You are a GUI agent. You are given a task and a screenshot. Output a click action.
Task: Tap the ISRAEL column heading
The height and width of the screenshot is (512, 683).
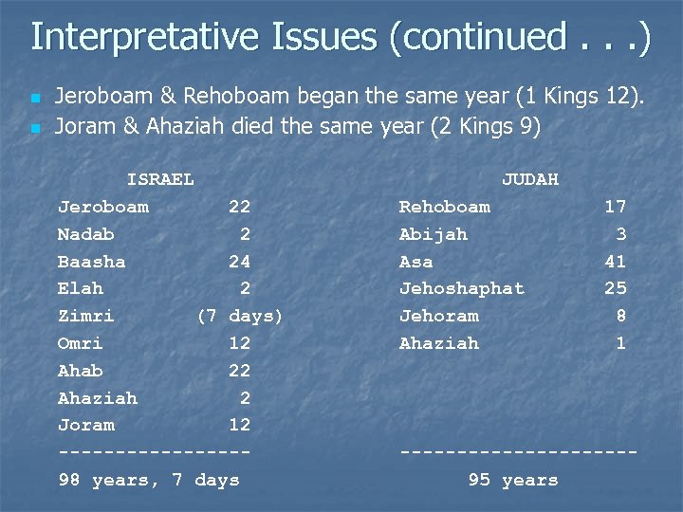[160, 179]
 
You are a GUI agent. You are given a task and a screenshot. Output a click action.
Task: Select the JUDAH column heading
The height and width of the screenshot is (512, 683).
[529, 179]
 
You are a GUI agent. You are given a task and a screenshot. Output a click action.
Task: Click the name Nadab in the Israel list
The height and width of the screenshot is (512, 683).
[85, 234]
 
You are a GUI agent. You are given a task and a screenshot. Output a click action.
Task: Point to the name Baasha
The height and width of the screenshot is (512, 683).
[91, 262]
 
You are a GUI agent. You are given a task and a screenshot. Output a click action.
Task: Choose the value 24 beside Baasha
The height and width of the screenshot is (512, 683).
[239, 262]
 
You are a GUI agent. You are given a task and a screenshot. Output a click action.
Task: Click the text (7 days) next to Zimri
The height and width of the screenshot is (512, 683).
[239, 316]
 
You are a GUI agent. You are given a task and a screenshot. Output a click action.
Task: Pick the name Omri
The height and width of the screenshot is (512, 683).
[80, 343]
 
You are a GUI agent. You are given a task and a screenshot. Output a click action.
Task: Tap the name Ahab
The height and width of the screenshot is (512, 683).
[80, 371]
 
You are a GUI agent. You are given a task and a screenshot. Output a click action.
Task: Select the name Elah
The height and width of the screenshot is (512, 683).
[80, 288]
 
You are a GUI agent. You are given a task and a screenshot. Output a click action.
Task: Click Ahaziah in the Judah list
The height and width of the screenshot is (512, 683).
[438, 343]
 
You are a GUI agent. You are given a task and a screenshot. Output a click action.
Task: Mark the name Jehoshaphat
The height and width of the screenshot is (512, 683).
[461, 288]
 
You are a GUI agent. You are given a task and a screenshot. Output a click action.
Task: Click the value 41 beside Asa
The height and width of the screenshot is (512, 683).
[615, 262]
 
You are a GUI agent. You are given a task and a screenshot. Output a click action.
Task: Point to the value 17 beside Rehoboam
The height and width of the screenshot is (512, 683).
[615, 207]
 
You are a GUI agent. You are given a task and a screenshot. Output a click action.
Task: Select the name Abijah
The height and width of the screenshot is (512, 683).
[433, 234]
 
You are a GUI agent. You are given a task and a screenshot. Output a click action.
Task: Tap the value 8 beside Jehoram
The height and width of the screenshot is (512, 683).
[620, 316]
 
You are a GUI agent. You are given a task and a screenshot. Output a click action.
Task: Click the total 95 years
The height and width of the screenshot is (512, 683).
[513, 481]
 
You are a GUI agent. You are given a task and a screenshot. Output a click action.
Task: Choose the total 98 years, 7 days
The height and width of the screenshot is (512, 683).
[149, 481]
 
